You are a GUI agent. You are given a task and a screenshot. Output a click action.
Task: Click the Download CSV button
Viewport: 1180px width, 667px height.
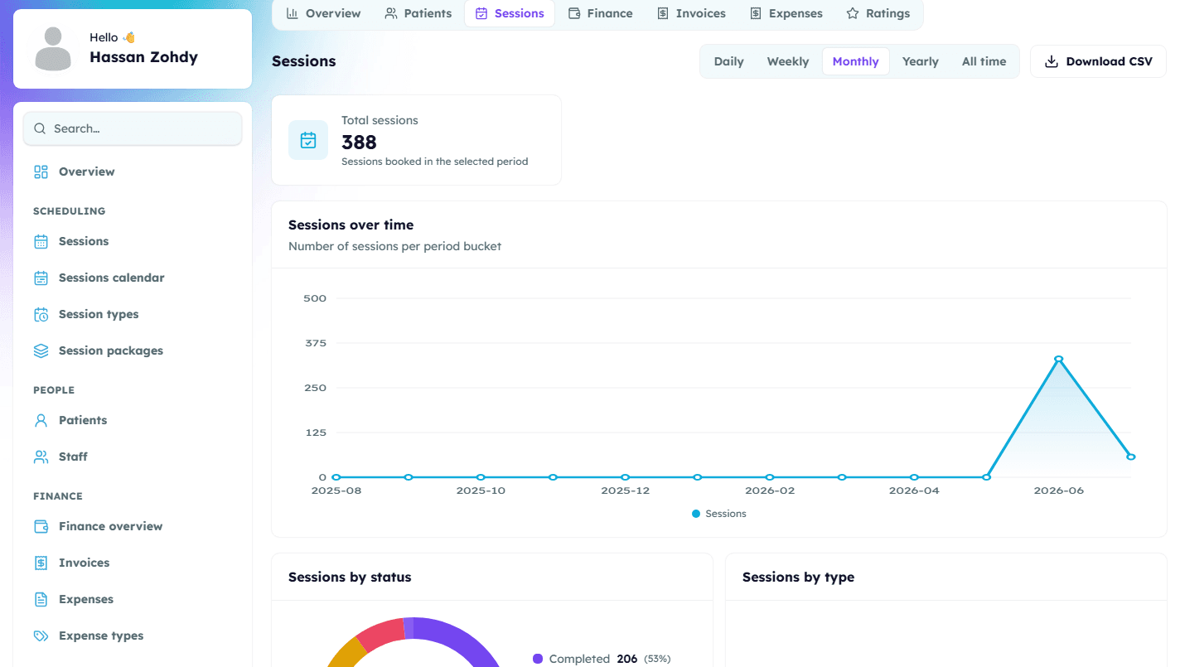pos(1098,61)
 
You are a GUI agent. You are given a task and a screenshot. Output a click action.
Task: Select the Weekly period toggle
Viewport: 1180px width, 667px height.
pos(787,61)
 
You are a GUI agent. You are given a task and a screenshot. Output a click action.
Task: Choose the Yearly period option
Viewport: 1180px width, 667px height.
pos(921,61)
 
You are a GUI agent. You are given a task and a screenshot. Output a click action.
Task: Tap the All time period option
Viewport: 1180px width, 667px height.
pos(984,61)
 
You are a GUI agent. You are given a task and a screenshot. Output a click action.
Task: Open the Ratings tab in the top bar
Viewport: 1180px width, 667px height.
pos(878,14)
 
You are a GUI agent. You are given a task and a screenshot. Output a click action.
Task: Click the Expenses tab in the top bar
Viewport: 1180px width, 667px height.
pos(786,14)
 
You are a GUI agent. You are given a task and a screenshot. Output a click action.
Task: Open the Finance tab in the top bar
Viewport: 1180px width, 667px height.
pos(601,14)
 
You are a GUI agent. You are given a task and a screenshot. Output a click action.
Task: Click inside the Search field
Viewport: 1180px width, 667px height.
pos(133,128)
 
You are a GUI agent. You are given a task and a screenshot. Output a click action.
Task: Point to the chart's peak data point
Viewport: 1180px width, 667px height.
pos(1058,360)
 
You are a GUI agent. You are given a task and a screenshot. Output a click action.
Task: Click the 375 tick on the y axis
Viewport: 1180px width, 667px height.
pos(316,343)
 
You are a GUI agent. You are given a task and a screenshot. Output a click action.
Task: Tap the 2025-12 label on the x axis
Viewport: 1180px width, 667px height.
pos(626,491)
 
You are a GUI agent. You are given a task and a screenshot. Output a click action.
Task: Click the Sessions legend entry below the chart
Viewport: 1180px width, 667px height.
pos(719,514)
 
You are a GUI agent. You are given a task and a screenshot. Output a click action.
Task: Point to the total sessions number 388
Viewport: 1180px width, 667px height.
pos(359,143)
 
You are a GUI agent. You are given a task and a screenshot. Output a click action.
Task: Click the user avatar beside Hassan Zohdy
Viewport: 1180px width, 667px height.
pos(53,49)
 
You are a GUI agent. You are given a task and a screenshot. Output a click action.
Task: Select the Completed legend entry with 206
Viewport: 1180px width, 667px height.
pos(602,659)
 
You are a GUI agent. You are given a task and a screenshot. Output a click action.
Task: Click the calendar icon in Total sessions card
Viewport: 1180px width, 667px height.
pos(308,140)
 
